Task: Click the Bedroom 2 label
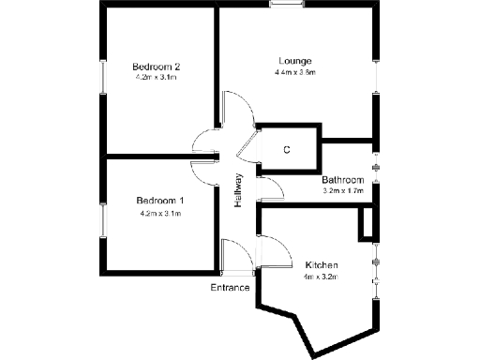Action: pos(156,67)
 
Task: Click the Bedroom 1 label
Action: pos(159,202)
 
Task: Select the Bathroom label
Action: pos(342,180)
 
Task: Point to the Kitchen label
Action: pos(322,265)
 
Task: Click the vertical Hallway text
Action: pos(239,192)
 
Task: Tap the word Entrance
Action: pos(230,287)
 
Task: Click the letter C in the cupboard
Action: pos(287,149)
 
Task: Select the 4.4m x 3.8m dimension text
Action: pos(295,72)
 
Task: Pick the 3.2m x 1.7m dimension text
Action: pos(342,191)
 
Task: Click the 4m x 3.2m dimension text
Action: pos(320,277)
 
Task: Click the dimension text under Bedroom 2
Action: pos(156,78)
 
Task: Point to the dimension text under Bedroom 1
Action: pos(159,214)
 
